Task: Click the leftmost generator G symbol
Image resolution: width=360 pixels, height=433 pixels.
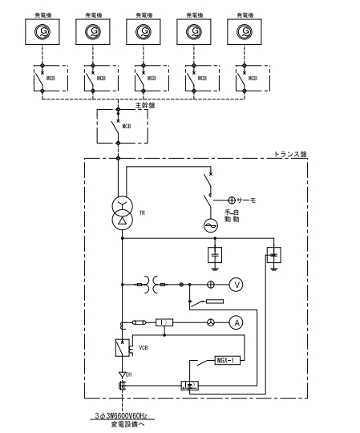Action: click(40, 33)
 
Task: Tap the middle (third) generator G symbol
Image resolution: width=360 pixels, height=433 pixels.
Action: click(141, 33)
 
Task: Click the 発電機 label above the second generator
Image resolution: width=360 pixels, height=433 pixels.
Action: click(91, 14)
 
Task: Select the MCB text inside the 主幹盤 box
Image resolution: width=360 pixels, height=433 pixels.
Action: click(126, 126)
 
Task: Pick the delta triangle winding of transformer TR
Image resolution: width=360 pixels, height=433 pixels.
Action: click(122, 220)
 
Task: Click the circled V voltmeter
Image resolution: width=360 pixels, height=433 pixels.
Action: click(236, 284)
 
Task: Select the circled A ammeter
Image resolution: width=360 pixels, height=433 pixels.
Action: click(236, 322)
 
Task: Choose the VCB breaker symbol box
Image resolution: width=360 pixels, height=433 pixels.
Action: click(123, 348)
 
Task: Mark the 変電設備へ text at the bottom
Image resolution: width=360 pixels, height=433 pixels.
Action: click(131, 426)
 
